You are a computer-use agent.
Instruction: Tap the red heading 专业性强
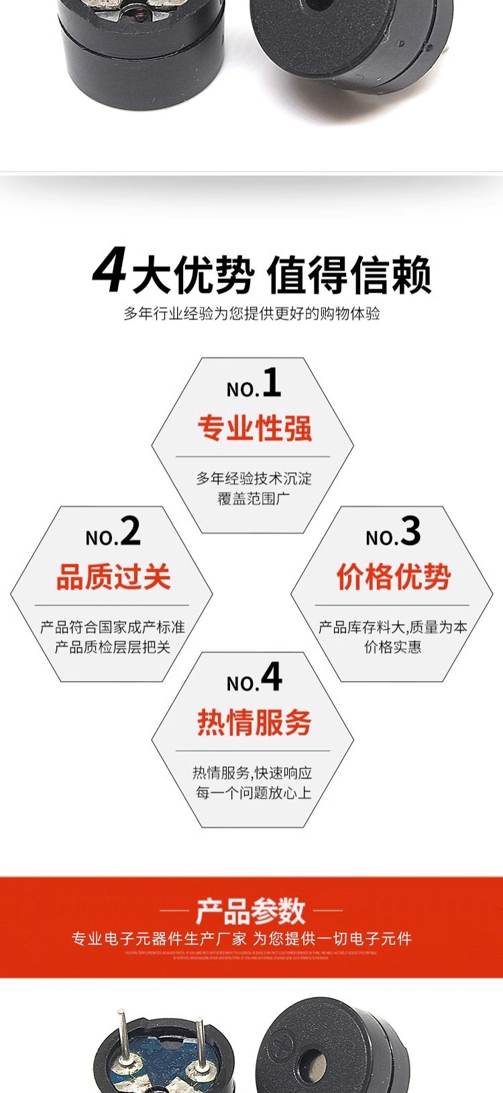coord(255,428)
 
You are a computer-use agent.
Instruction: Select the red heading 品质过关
coord(113,577)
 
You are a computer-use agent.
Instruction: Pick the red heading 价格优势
coord(393,577)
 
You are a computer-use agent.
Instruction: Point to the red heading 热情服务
coord(255,722)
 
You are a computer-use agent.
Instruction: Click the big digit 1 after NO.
coord(272,384)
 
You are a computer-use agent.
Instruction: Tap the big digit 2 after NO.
coord(131,532)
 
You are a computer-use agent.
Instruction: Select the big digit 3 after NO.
coord(410,532)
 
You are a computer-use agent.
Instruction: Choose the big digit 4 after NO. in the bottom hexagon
coord(272,677)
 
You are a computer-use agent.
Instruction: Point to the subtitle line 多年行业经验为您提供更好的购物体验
coord(251,313)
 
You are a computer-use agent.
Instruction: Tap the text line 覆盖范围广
coord(254,498)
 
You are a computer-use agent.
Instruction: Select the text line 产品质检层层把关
coord(113,647)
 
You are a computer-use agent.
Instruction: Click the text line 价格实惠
coord(393,647)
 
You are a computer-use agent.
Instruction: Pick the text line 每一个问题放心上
coord(254,793)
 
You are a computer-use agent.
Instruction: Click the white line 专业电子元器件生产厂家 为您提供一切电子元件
coord(242,939)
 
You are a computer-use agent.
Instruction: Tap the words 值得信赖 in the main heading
coord(349,275)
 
